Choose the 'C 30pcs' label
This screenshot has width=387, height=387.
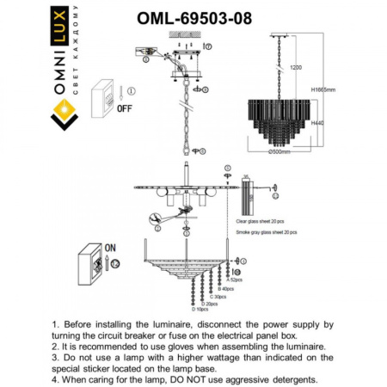[x=220, y=297]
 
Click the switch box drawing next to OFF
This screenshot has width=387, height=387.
[x=106, y=95]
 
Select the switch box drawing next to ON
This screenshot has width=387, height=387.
[x=94, y=263]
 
